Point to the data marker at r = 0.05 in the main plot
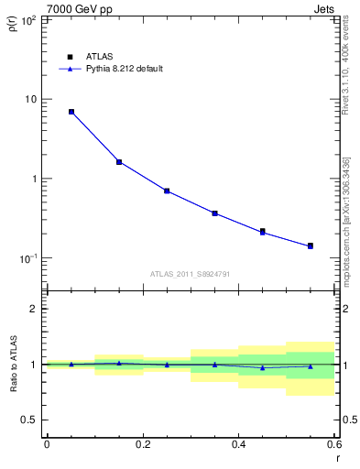tap(71, 112)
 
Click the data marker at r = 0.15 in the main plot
tap(119, 162)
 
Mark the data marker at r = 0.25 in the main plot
tap(167, 191)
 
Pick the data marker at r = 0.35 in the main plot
tap(214, 213)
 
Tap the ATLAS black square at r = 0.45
tap(263, 231)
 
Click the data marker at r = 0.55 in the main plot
tap(311, 245)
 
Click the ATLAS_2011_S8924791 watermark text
tap(190, 273)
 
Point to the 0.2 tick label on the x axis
tap(142, 443)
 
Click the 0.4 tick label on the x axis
tap(238, 443)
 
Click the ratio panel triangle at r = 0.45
tap(263, 367)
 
